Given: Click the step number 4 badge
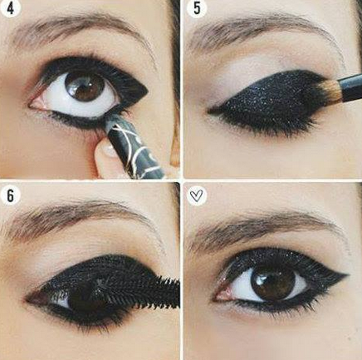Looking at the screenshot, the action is click(10, 8).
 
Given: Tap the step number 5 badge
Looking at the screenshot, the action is click(196, 8).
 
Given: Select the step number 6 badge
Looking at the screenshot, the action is click(10, 195).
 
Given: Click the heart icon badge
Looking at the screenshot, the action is click(197, 195).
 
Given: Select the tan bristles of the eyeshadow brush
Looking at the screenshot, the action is click(327, 92).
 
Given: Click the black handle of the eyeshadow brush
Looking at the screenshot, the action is click(350, 87).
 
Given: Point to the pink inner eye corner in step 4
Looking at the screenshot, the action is click(35, 104).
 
